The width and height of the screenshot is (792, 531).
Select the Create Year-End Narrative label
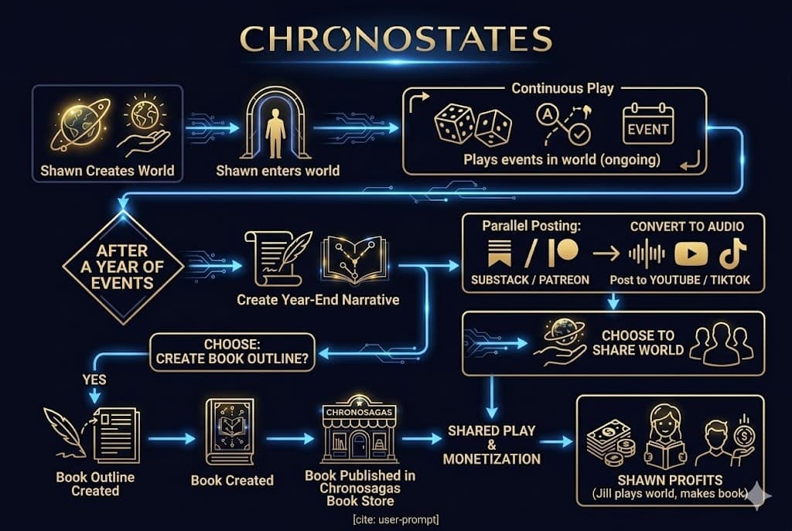coord(318,299)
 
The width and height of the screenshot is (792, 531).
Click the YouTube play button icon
coord(691,254)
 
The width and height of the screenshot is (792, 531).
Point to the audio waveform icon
coord(646,255)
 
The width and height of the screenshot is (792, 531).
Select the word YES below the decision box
coord(94,380)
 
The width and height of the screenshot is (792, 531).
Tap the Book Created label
coord(232,480)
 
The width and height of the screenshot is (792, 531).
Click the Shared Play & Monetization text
coord(491,444)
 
